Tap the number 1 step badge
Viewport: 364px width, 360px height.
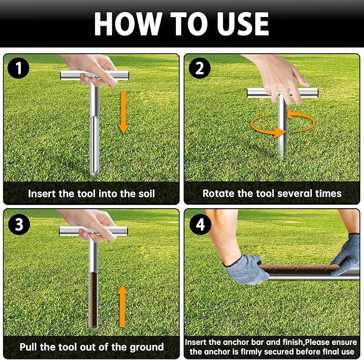pyautogui.click(x=19, y=68)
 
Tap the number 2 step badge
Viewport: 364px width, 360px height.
pyautogui.click(x=199, y=68)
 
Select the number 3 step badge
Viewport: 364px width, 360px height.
pyautogui.click(x=19, y=224)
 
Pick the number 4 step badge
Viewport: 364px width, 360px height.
pyautogui.click(x=200, y=224)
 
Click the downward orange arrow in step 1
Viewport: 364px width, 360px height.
pyautogui.click(x=123, y=112)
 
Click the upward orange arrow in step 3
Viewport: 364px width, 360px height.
pyautogui.click(x=122, y=306)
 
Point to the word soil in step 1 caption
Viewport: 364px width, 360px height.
pyautogui.click(x=146, y=194)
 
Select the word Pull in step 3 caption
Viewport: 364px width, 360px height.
pyautogui.click(x=28, y=347)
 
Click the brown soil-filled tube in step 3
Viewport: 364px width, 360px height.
pyautogui.click(x=93, y=299)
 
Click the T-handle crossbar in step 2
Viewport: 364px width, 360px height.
pyautogui.click(x=283, y=93)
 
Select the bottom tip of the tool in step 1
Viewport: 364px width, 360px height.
pyautogui.click(x=94, y=174)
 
